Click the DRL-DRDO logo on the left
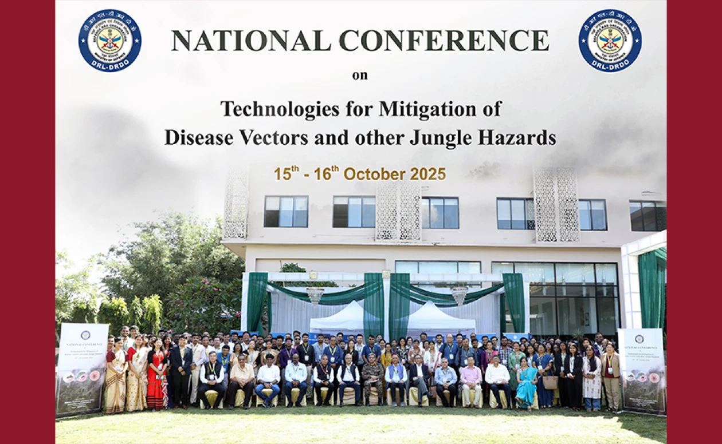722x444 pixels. (110, 40)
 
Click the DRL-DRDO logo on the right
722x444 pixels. (610, 40)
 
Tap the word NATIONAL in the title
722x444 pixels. (251, 41)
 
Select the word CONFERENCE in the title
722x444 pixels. (444, 41)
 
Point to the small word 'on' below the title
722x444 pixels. (360, 75)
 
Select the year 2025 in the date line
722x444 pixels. (426, 174)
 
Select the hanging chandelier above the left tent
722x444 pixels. (315, 295)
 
